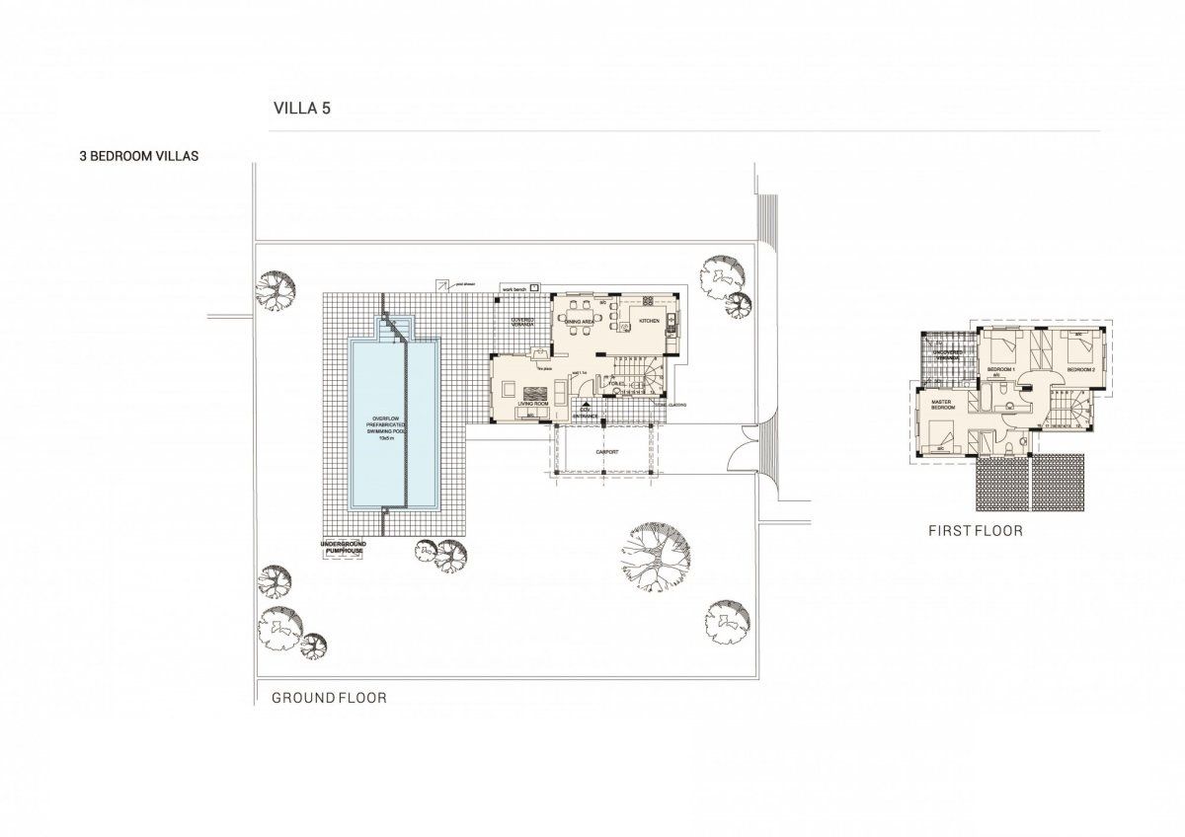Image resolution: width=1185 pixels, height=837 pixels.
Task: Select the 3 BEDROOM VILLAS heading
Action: pos(139,155)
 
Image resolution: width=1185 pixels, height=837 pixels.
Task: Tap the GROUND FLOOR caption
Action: pos(329,698)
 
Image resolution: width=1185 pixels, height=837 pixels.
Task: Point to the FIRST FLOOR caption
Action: pos(975,531)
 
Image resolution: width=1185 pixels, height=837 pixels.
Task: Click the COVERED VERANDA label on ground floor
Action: pos(522,323)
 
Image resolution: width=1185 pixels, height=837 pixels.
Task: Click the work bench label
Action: pos(514,288)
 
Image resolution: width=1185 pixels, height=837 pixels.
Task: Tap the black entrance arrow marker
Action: pos(586,404)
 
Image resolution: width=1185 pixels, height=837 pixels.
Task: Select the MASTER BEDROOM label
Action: pos(942,406)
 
